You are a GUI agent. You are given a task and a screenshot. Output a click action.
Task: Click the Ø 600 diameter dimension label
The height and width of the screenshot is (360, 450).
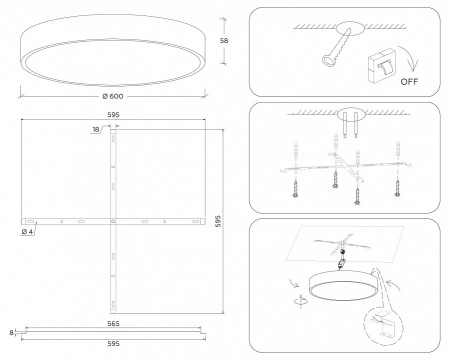[x=113, y=96]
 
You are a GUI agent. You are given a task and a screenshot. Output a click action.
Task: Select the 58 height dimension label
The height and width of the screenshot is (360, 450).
[x=224, y=41]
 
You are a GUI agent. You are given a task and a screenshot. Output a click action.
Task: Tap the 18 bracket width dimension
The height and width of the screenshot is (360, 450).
[x=96, y=130]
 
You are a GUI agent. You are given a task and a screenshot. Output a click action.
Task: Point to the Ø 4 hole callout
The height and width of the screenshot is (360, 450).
[x=27, y=231]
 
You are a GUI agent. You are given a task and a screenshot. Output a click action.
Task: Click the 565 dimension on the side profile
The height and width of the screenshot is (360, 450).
[x=113, y=323]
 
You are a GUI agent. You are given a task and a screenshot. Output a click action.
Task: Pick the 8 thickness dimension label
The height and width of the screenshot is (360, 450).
[x=12, y=332]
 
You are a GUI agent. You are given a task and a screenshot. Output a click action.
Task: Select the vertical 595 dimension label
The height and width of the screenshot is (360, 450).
[x=218, y=221]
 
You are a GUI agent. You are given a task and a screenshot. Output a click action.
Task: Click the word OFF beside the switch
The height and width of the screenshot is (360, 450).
[x=409, y=82]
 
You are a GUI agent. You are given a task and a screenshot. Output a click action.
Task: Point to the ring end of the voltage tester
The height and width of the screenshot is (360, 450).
[x=327, y=60]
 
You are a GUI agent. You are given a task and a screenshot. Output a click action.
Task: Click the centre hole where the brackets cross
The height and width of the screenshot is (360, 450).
[x=113, y=221]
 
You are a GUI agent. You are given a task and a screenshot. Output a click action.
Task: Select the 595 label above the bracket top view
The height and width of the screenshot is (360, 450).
[x=113, y=115]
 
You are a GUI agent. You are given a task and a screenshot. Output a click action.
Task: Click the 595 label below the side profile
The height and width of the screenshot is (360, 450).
[x=113, y=344]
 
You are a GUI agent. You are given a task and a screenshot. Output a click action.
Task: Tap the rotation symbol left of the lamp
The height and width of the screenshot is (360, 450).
[x=301, y=300]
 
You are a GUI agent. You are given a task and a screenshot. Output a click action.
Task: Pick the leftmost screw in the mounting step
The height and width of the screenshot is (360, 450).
[x=295, y=189]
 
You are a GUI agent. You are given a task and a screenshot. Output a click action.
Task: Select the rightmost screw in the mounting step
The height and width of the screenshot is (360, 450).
[x=397, y=189]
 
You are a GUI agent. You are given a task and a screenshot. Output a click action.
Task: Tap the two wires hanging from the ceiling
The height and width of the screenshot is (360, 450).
[x=350, y=125]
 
